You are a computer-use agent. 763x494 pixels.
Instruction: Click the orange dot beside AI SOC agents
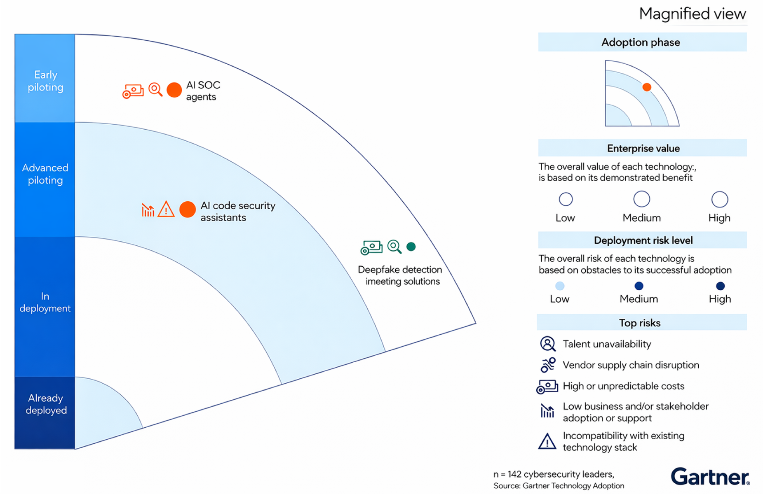(x=174, y=90)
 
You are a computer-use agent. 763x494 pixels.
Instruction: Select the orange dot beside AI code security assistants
(x=187, y=210)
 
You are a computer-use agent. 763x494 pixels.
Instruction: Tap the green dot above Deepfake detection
(x=411, y=247)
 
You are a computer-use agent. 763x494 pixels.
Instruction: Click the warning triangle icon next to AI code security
(x=166, y=209)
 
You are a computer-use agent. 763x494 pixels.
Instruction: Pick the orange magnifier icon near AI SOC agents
(x=155, y=89)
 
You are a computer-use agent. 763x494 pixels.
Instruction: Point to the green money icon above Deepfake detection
(x=371, y=247)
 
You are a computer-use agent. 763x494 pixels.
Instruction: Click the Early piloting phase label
(x=45, y=81)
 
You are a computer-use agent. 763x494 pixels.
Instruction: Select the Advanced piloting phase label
(x=45, y=174)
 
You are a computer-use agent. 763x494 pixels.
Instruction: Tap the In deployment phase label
(x=45, y=302)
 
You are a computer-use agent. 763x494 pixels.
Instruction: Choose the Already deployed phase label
(x=46, y=404)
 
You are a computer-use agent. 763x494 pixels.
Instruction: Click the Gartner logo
(x=710, y=477)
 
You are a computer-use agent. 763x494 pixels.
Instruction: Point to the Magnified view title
(x=693, y=14)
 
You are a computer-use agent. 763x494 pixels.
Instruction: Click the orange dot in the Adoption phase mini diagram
(x=647, y=87)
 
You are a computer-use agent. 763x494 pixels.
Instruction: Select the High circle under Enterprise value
(x=719, y=199)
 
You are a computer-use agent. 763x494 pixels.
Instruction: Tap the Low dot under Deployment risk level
(x=559, y=286)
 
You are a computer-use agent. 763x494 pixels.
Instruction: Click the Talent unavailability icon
(x=547, y=344)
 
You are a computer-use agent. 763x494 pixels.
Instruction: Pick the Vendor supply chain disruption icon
(x=548, y=365)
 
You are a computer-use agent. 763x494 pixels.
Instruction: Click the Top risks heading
(x=640, y=323)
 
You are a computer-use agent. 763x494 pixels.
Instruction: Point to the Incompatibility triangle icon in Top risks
(x=547, y=441)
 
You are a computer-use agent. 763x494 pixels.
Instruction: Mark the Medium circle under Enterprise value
(x=641, y=199)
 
